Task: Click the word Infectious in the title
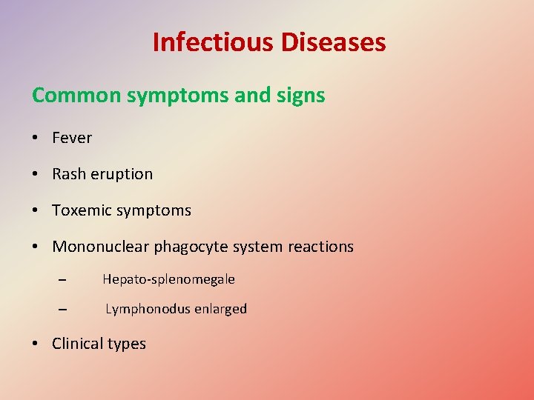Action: [x=213, y=42]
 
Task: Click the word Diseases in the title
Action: [x=333, y=42]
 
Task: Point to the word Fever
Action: [x=72, y=138]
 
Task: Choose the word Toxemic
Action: [x=79, y=210]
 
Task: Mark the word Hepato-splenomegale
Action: [x=168, y=279]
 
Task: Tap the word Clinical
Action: [x=78, y=344]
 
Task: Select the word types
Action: [x=128, y=344]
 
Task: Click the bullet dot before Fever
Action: [x=36, y=139]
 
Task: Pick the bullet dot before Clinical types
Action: [x=36, y=344]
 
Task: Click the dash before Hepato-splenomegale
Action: [x=62, y=280]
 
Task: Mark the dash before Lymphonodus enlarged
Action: [x=62, y=310]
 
